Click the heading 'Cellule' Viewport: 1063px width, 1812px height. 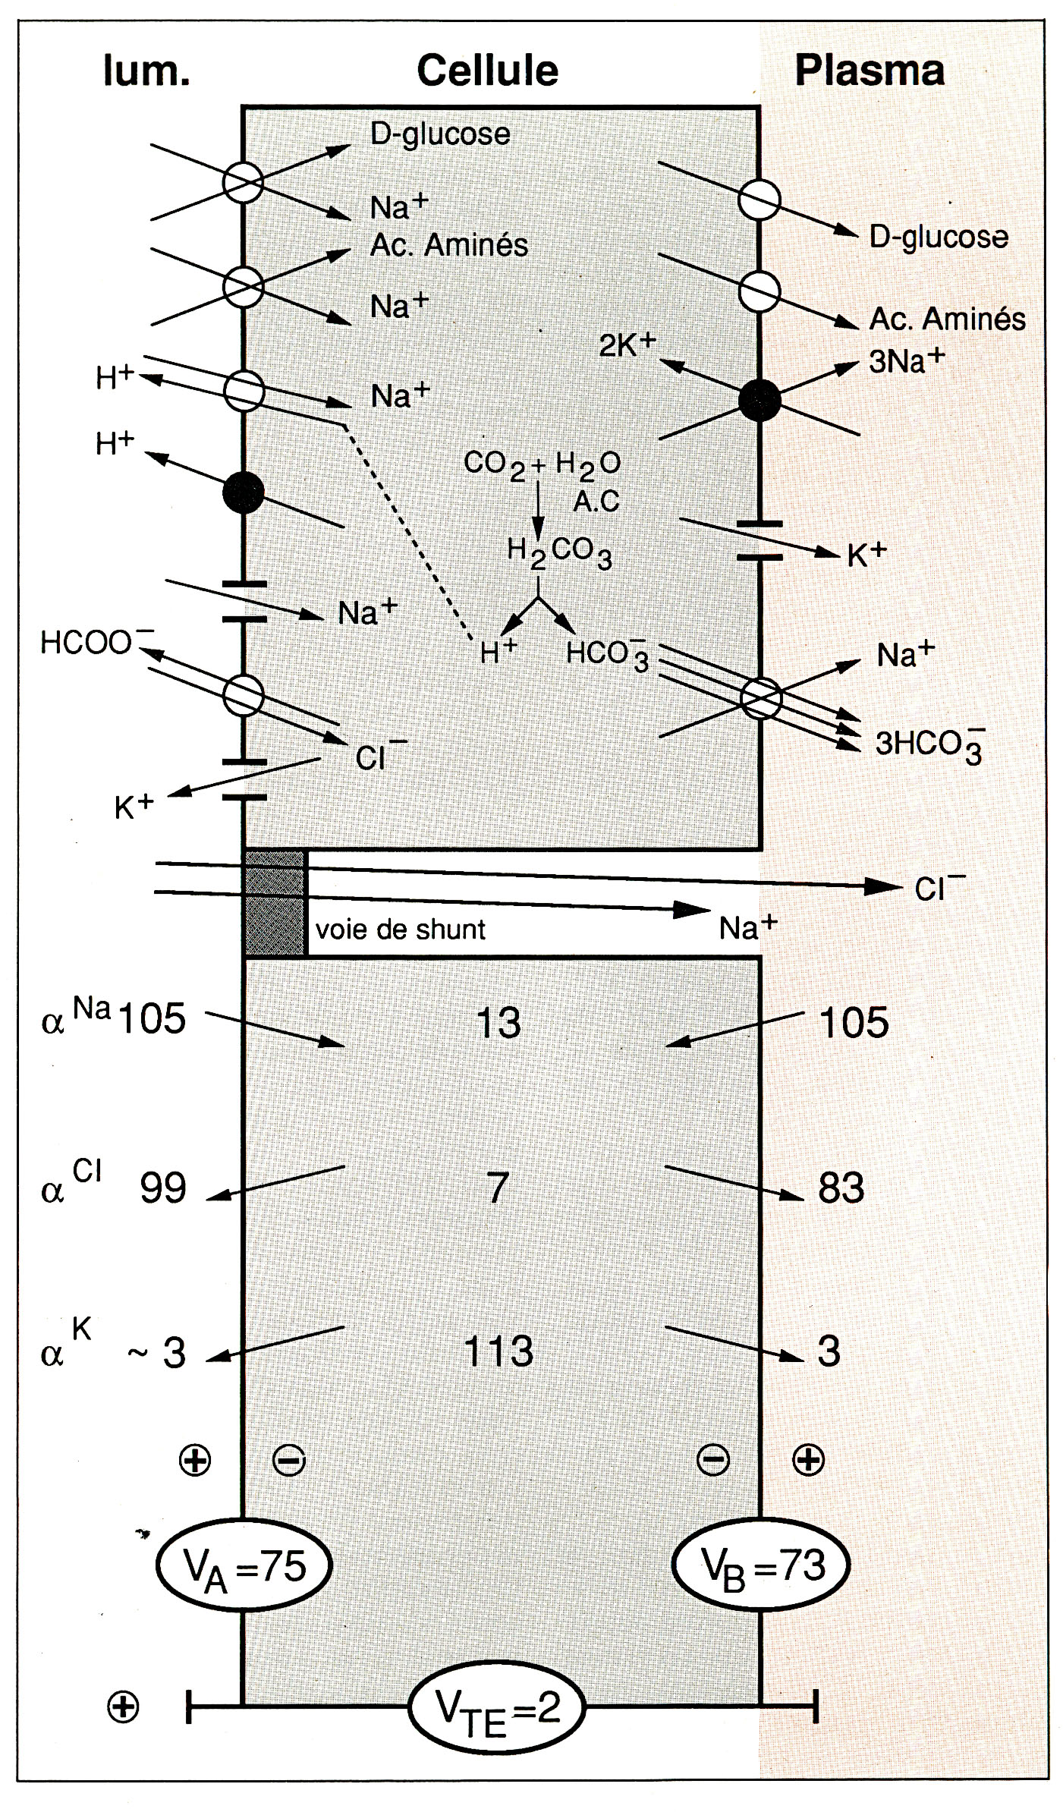[x=488, y=71]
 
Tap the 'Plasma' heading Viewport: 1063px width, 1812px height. [x=870, y=71]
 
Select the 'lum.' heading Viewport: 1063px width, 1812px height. [x=146, y=71]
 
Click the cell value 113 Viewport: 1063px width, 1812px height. [x=498, y=1351]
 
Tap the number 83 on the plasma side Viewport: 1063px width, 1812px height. [x=841, y=1188]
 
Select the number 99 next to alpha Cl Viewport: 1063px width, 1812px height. [x=163, y=1188]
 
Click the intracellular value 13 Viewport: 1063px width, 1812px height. [x=498, y=1023]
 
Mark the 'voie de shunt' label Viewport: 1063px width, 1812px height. [x=400, y=929]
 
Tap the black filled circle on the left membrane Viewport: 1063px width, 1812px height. [x=244, y=492]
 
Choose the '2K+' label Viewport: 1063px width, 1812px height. [x=627, y=344]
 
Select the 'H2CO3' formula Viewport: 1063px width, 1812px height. [x=560, y=552]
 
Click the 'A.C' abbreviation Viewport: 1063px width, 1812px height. [x=596, y=501]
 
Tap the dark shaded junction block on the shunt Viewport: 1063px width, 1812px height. [x=275, y=903]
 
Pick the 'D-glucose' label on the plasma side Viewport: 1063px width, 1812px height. [x=939, y=238]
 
